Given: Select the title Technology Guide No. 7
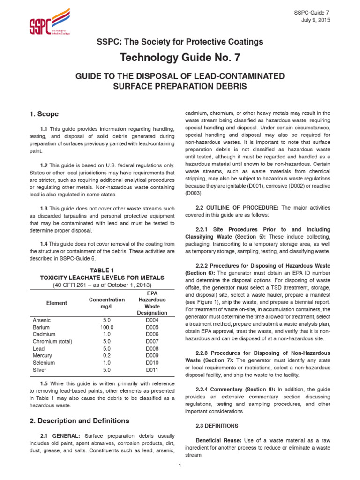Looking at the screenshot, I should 180,58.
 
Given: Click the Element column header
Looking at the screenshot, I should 56,303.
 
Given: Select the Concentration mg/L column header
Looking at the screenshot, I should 107,303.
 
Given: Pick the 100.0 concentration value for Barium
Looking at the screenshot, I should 107,327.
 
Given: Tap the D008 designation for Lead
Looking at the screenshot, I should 152,349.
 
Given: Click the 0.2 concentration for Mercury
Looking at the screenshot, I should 107,356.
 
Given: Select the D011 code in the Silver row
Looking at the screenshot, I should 152,370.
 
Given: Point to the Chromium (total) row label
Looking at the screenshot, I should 52,342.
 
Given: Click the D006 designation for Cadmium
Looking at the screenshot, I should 152,334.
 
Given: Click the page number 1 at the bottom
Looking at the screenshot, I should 180,465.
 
